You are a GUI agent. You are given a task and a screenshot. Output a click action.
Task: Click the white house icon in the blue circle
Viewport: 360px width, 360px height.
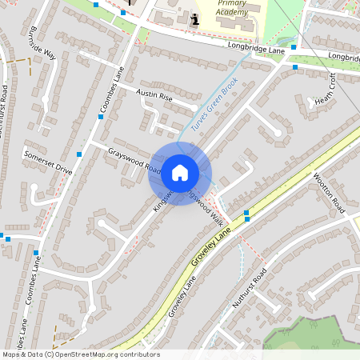(x=180, y=172)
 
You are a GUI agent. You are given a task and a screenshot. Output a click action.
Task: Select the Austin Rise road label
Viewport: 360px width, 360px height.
(x=154, y=95)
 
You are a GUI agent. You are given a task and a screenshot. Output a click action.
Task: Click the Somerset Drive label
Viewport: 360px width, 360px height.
(x=48, y=162)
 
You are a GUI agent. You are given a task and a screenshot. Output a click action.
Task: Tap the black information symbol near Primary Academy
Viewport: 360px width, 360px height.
(x=194, y=18)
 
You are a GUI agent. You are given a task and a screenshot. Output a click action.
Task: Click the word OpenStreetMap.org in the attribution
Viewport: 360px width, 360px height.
(x=86, y=354)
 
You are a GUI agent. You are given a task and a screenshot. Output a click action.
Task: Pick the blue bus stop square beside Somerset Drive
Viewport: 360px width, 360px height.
(x=79, y=153)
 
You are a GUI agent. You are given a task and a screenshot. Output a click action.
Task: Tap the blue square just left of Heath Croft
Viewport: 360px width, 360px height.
(x=295, y=67)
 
